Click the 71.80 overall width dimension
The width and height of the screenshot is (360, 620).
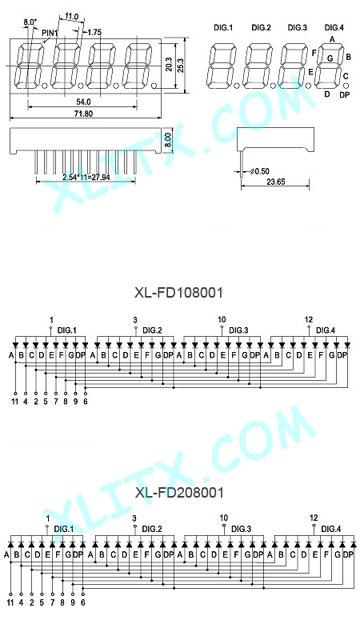coord(83,114)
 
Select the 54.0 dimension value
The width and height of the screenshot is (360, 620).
coord(83,102)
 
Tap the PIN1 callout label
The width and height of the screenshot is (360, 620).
coord(50,33)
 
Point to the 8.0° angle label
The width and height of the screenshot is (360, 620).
coord(30,22)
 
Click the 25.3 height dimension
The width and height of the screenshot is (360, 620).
coord(181,66)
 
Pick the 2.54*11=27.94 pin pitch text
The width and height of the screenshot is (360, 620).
coord(86,177)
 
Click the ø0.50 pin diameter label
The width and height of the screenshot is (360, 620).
coord(260,171)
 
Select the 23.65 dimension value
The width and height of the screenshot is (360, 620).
coord(276,182)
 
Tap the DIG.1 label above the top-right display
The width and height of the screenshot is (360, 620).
coord(223,28)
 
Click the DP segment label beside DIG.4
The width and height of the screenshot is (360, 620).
coord(344,95)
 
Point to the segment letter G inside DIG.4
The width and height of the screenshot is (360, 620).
coord(330,58)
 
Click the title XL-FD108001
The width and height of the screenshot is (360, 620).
coord(178,293)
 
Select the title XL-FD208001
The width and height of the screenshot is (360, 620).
coord(179,493)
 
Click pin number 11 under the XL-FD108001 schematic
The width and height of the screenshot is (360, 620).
coord(14,402)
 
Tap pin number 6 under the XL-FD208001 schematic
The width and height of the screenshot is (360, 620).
coord(82,602)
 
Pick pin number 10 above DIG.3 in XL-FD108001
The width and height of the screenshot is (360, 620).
coord(222,319)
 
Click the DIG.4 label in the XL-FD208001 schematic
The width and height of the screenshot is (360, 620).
coord(331,529)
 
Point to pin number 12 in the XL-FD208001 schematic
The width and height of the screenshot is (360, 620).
coord(314,518)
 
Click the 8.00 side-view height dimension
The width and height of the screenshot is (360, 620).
coord(167,140)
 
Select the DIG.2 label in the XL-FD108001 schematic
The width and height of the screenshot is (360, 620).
coord(152,330)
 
